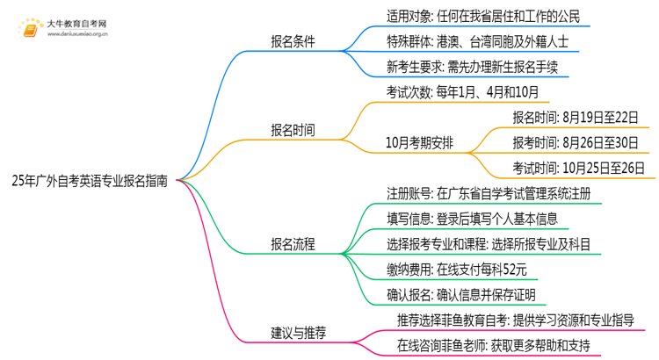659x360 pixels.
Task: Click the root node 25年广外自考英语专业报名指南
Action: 91,181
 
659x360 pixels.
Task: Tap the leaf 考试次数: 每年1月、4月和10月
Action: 462,90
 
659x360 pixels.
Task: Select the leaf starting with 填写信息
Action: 472,219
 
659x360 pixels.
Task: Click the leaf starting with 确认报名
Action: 460,294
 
